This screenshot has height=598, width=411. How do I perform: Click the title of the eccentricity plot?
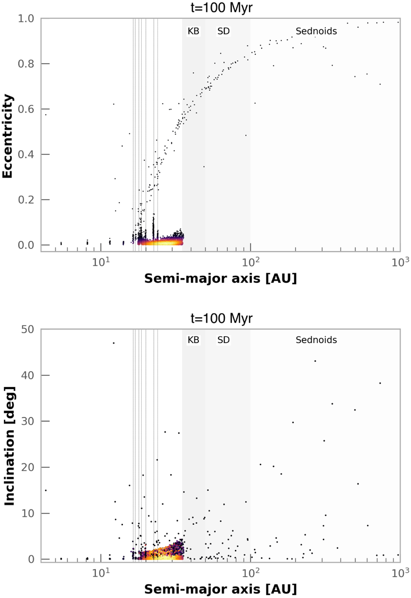click(x=222, y=7)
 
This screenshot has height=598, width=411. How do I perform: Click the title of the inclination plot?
click(x=222, y=318)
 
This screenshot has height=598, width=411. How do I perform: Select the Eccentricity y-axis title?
click(x=8, y=136)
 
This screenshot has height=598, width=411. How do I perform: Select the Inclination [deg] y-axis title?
click(x=9, y=446)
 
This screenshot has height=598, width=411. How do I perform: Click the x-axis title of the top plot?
click(x=221, y=278)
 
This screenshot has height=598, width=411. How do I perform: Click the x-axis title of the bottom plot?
click(x=221, y=589)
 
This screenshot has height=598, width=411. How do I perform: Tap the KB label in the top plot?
click(x=193, y=31)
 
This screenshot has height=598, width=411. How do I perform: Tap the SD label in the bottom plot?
click(x=223, y=340)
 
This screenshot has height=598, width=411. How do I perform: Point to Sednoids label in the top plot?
click(x=316, y=31)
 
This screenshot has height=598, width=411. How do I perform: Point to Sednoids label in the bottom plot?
click(x=316, y=340)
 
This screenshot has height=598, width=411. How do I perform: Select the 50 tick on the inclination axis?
click(x=27, y=329)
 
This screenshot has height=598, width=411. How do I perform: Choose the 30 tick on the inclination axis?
click(x=27, y=421)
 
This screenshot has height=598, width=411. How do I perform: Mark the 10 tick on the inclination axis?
click(x=27, y=513)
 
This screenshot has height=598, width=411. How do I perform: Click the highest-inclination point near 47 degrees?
click(x=114, y=343)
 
